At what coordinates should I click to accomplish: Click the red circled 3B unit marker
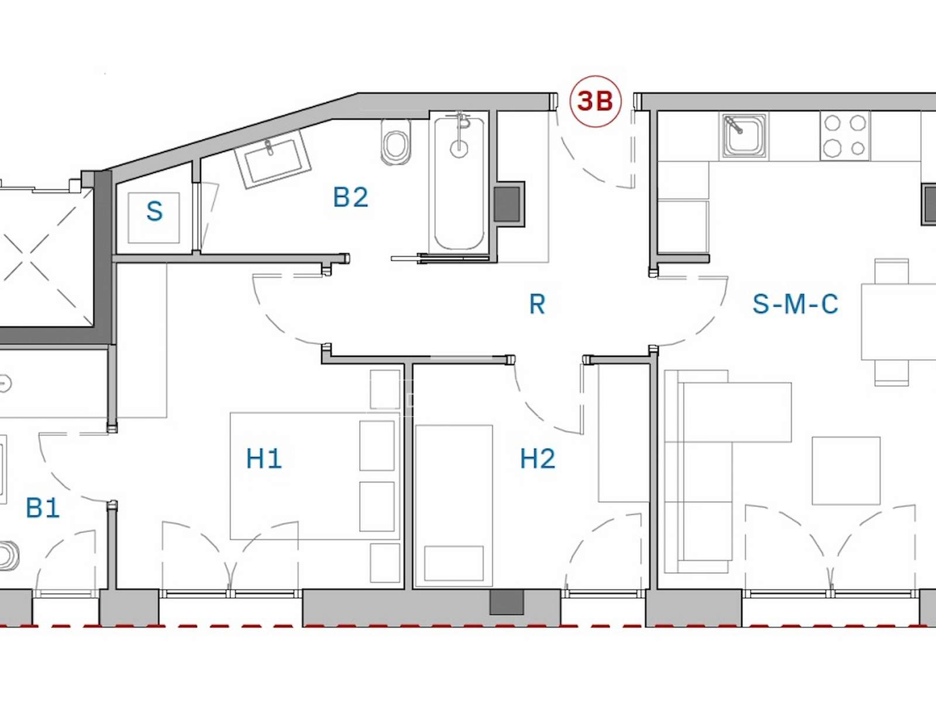pos(596,101)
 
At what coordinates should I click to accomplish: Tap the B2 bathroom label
pos(350,197)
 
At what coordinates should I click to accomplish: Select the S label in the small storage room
pos(154,211)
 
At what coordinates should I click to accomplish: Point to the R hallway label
pos(537,304)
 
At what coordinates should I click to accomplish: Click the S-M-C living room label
pos(795,304)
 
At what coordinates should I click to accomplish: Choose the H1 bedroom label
pos(264,459)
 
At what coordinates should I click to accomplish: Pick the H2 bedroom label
pos(538,459)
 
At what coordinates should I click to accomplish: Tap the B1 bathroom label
pos(43,508)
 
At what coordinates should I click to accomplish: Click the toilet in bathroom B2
pos(396,142)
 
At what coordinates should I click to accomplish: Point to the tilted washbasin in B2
pos(273,159)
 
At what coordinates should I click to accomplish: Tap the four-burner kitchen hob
pos(845,136)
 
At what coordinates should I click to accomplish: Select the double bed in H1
pos(315,476)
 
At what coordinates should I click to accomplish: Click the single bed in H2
pos(454,506)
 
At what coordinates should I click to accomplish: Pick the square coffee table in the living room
pos(846,471)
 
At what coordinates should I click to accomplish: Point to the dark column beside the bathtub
pos(509,204)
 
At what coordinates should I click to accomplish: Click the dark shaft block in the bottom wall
pos(507,603)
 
